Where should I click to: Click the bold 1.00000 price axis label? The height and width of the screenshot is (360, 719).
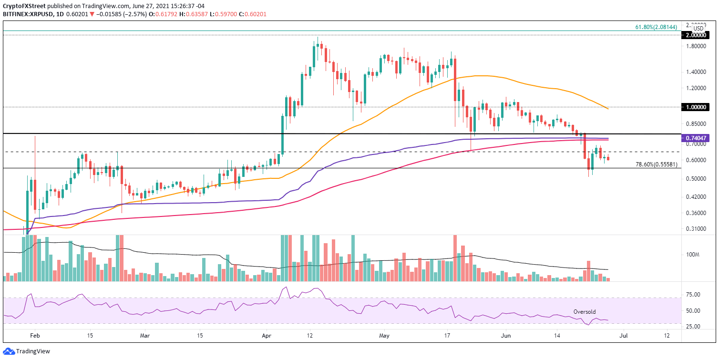tap(698, 107)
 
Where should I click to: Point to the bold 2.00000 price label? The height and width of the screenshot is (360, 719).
tap(698, 35)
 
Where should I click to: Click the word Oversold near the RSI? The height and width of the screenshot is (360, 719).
tap(585, 312)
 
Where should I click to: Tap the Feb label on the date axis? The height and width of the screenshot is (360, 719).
tap(35, 336)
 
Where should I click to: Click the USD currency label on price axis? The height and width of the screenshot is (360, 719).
tap(698, 29)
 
